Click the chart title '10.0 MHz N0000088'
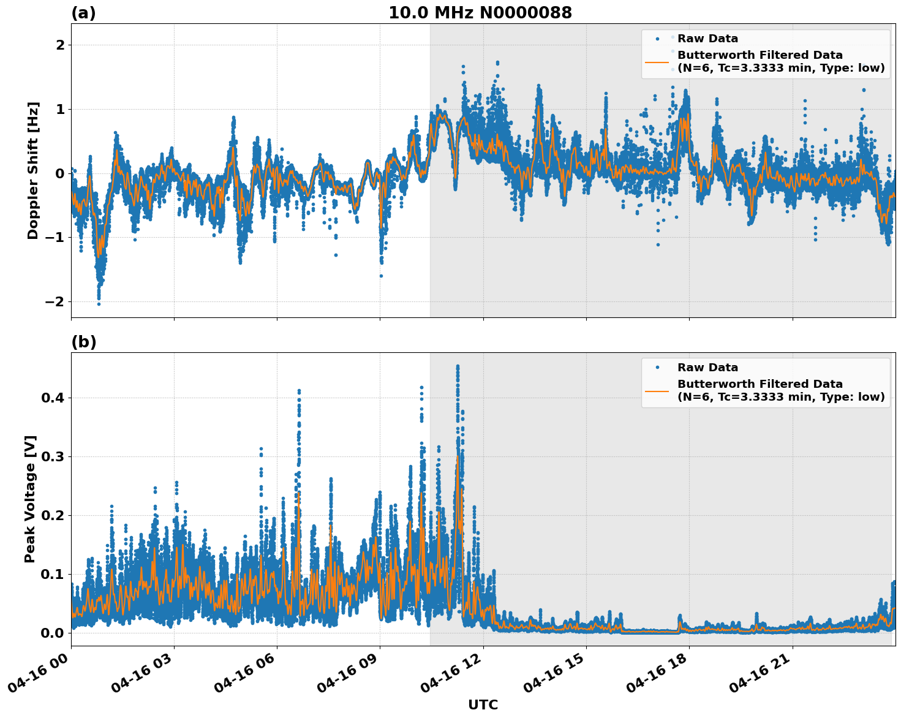click(x=480, y=13)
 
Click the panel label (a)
click(x=83, y=13)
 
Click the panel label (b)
click(x=83, y=342)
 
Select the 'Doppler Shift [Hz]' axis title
click(x=33, y=170)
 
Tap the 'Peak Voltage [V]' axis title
click(x=31, y=499)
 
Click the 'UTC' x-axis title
click(x=483, y=705)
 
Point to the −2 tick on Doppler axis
click(x=55, y=301)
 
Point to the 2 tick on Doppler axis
click(x=60, y=45)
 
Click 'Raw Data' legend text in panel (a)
click(x=707, y=39)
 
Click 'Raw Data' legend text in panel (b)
click(x=707, y=368)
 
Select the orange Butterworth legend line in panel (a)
click(x=657, y=62)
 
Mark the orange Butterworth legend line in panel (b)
click(x=657, y=391)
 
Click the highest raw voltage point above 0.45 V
click(x=458, y=366)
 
